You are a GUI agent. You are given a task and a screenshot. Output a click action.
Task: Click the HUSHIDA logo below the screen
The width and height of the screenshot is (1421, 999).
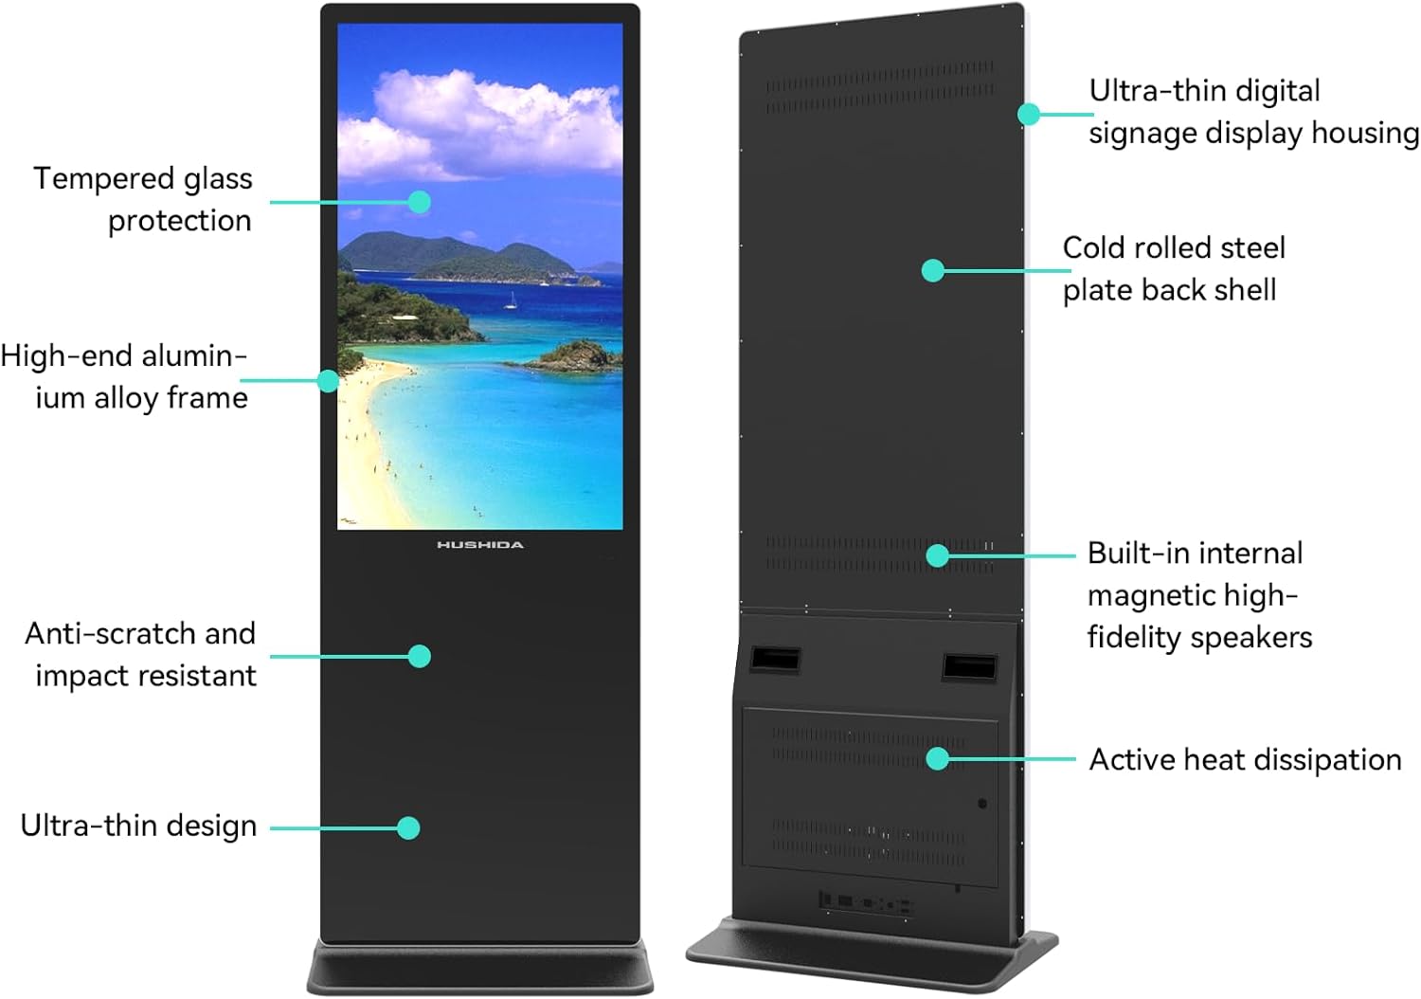tap(479, 545)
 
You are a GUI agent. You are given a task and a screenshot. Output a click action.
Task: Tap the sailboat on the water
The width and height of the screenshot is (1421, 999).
tap(512, 301)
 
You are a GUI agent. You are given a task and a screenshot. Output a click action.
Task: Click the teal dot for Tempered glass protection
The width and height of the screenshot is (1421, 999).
tap(420, 202)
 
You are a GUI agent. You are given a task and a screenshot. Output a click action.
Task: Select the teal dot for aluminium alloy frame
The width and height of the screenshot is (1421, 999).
tap(328, 381)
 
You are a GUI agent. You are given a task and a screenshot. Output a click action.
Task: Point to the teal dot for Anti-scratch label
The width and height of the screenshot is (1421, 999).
tap(419, 656)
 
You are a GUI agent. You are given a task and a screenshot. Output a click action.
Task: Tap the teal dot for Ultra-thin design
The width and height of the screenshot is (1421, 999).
tap(408, 827)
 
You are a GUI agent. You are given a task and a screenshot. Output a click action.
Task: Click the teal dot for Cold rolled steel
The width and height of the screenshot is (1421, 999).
tap(933, 270)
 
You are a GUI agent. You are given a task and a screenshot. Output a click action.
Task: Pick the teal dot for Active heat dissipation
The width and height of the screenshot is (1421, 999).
tap(937, 758)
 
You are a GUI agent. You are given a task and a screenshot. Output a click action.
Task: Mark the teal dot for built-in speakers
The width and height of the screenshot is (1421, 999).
tap(937, 554)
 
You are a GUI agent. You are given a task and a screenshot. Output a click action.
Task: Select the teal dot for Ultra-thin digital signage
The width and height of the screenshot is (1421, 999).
tap(1029, 114)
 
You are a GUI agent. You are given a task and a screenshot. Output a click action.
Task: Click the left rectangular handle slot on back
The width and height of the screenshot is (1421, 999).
tap(776, 659)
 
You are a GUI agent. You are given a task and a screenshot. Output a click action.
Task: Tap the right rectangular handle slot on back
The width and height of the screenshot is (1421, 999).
tap(969, 667)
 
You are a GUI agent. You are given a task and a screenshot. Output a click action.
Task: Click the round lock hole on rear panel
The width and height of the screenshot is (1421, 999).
tap(982, 804)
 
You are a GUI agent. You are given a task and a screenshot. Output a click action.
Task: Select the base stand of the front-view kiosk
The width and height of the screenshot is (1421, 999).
tap(480, 968)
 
